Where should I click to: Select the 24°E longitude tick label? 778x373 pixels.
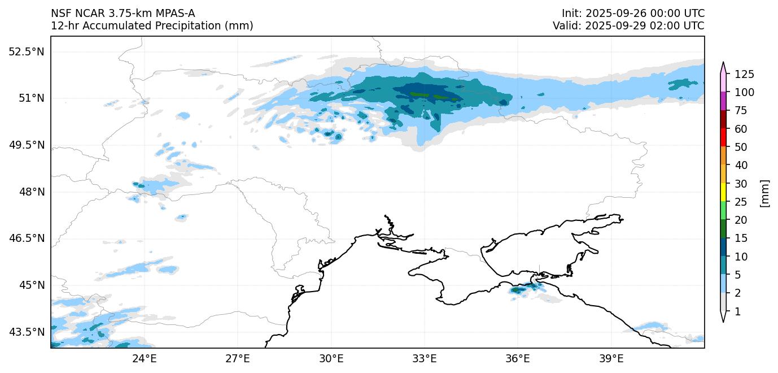(144, 359)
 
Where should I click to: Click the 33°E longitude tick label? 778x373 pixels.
(424, 359)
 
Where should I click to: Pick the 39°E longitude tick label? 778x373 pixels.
(611, 359)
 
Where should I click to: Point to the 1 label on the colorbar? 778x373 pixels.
(737, 312)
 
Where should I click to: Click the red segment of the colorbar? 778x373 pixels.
(723, 138)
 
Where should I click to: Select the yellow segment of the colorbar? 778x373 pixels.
(723, 193)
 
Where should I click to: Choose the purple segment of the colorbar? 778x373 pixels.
(723, 101)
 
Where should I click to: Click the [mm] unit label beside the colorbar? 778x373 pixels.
(765, 193)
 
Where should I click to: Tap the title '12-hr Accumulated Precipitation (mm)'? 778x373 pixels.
(152, 25)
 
